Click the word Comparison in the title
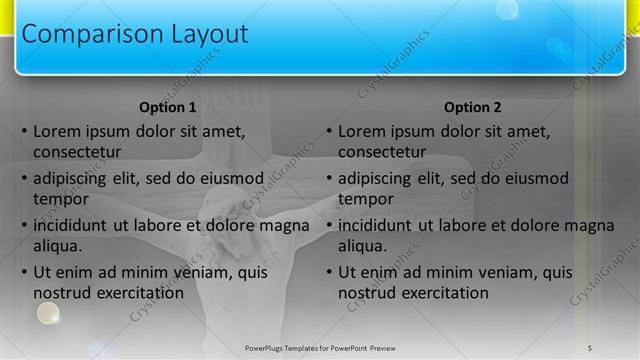(81, 34)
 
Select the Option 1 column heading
(165, 108)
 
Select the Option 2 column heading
(472, 108)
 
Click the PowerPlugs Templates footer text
(320, 347)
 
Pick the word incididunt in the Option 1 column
(71, 225)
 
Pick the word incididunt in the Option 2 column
(376, 225)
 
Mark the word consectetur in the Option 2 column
(382, 152)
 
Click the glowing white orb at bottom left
(47, 314)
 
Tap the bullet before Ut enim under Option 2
(330, 273)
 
